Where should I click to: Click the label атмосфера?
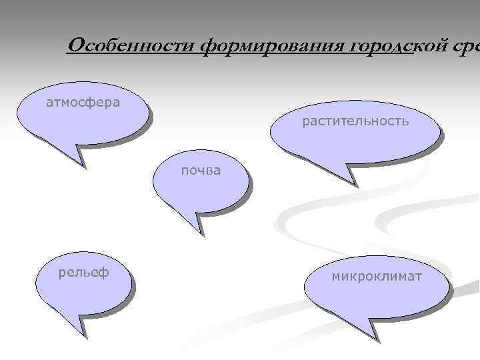coord(83,103)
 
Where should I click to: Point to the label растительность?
coord(355,121)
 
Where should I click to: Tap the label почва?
coord(201,170)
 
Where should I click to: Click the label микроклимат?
coord(377,275)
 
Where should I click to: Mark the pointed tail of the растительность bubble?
coord(350,181)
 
